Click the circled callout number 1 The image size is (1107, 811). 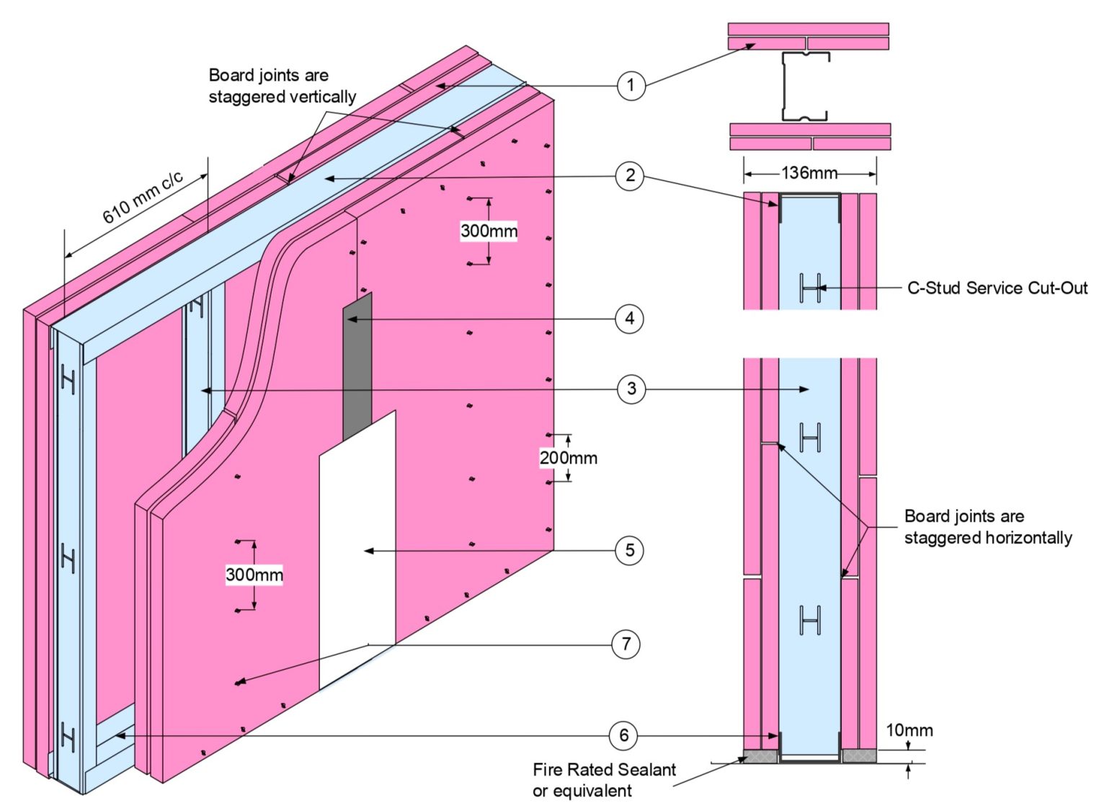coord(631,86)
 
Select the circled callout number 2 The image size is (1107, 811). coord(630,176)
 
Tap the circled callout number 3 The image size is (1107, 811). coord(631,389)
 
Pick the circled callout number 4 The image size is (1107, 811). coord(629,319)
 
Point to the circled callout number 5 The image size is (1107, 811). coord(629,551)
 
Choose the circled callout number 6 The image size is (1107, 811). coord(623,736)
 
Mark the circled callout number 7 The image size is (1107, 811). coord(626,644)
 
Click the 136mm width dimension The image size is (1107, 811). coord(809,173)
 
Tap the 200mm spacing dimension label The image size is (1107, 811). coord(569,458)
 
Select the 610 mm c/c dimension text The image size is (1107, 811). coord(143,198)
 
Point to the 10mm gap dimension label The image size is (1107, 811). coord(909,730)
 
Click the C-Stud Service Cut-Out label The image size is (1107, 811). coord(997,288)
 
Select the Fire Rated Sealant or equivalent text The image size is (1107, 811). coord(604,780)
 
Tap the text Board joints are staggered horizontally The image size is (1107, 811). coord(987,527)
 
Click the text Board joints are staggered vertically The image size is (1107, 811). coord(282,86)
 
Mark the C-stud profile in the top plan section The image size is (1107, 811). coord(804,87)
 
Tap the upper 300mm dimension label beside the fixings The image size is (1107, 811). coord(489,231)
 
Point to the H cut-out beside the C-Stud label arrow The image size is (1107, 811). coord(810,288)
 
